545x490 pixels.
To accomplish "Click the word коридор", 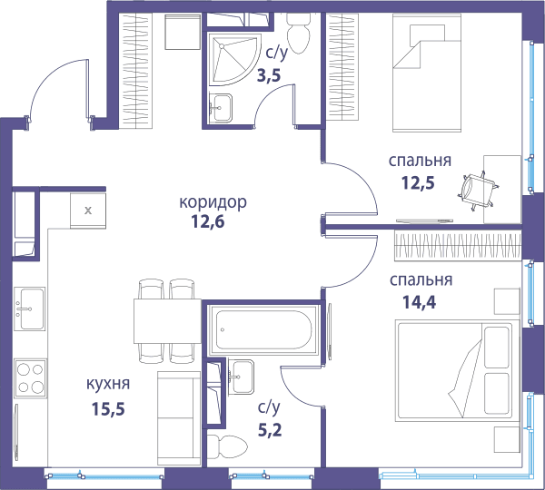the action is [213, 202].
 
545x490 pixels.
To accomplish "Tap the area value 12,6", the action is [208, 222].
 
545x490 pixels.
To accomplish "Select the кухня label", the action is [108, 384].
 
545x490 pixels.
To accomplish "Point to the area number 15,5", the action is [108, 408].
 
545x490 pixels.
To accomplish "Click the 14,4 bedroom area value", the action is [419, 302].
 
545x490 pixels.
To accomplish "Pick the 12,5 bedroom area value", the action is [418, 182].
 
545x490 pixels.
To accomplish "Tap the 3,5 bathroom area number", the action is [269, 75].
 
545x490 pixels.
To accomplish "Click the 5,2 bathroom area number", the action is [270, 430].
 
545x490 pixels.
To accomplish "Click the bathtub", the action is [263, 329].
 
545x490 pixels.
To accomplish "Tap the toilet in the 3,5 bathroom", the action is [298, 33].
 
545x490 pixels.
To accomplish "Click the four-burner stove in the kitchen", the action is [30, 378].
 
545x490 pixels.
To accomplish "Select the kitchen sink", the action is [30, 309].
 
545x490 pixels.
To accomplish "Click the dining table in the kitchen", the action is [168, 321].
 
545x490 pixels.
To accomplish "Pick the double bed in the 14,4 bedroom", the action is [454, 371].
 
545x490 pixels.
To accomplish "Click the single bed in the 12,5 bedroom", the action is [427, 73].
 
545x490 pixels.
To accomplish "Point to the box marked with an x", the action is [88, 211].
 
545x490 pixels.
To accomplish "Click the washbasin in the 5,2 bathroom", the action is [242, 377].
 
